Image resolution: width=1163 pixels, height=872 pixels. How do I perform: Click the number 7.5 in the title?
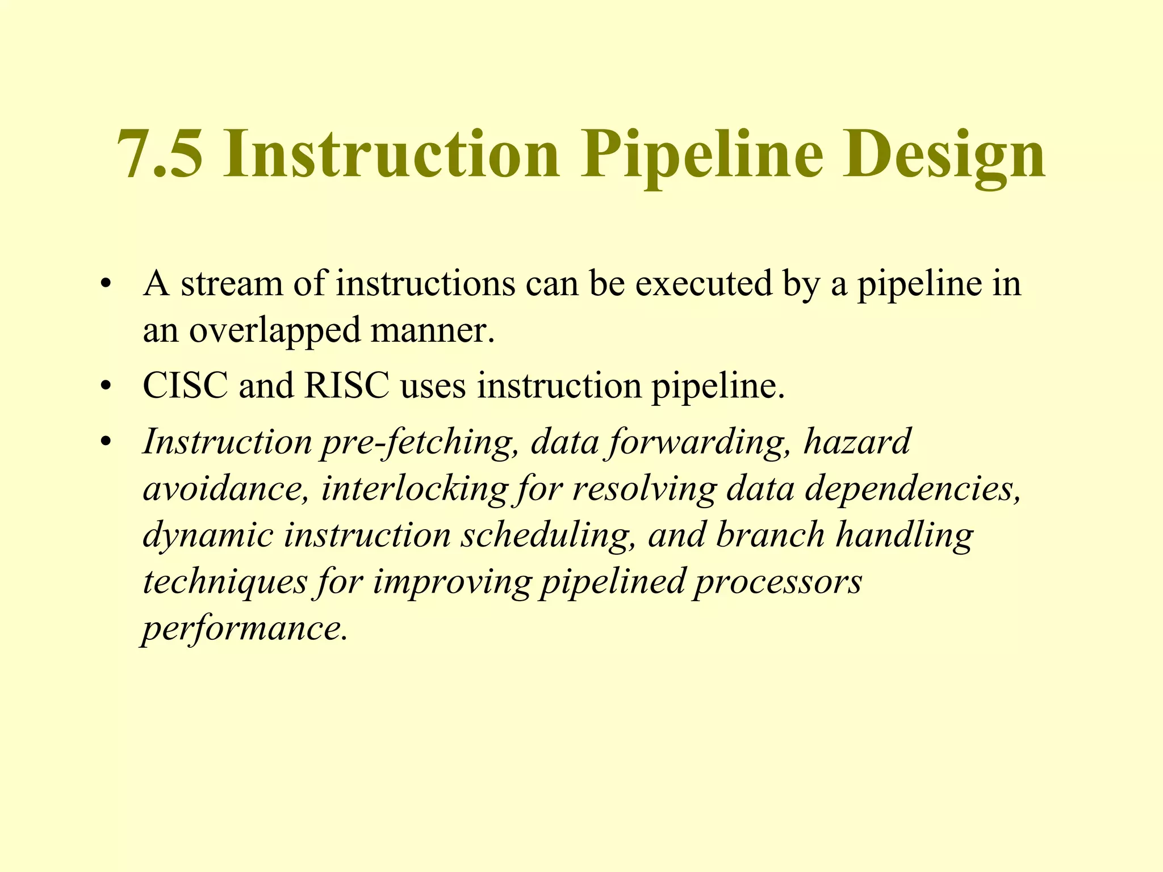coord(160,154)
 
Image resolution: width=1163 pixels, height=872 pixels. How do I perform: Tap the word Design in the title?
coord(943,154)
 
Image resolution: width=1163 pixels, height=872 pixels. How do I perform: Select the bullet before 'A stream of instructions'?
coord(104,284)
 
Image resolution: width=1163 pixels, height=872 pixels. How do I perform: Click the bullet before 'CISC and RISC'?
coord(104,387)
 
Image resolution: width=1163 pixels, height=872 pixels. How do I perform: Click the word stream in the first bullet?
coord(232,284)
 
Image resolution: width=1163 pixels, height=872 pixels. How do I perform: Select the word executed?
coord(703,284)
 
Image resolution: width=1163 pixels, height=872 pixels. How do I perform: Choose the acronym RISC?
coord(347,386)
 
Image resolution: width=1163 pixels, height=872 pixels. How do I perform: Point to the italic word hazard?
coord(857,442)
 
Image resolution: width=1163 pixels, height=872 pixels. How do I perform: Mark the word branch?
coord(771,535)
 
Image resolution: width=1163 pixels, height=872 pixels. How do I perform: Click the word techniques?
coord(225,582)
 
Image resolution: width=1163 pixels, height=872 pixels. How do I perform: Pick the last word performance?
coord(244,629)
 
